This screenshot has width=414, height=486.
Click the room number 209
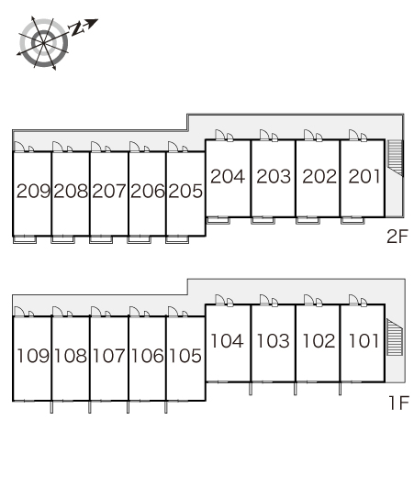(33, 191)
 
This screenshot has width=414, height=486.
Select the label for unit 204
(228, 176)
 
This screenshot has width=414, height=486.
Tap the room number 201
(364, 176)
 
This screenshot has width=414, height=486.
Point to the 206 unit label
(148, 191)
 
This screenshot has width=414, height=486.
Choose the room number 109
(33, 356)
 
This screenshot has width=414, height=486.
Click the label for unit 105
(185, 356)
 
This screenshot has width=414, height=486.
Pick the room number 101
(364, 341)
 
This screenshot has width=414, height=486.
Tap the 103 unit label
(274, 341)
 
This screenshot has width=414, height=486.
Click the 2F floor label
(397, 237)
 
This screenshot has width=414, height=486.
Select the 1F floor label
(398, 403)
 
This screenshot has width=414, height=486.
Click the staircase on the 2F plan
(396, 158)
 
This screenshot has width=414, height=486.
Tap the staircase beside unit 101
(395, 337)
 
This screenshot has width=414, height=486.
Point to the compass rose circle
(44, 43)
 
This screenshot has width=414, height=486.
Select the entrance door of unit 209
(19, 147)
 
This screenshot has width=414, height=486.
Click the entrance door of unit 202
(309, 135)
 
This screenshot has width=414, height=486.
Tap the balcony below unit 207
(101, 239)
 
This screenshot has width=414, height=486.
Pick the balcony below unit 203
(263, 220)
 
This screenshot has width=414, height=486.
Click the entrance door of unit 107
(95, 312)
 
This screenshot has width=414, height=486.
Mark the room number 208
(71, 191)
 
